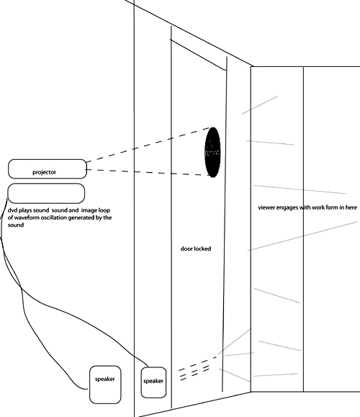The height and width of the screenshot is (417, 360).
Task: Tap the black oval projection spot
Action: [212, 152]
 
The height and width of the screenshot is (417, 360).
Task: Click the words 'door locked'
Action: [196, 248]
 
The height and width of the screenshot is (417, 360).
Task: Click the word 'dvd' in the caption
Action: [12, 210]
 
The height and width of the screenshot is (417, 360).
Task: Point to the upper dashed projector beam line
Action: [148, 145]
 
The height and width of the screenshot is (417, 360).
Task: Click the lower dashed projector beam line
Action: [148, 172]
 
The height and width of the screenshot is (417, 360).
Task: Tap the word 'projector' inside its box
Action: [45, 172]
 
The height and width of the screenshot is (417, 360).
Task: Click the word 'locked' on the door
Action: [203, 248]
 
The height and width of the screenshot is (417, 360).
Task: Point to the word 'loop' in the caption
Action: [104, 210]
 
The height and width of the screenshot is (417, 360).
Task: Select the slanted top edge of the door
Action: [198, 55]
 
